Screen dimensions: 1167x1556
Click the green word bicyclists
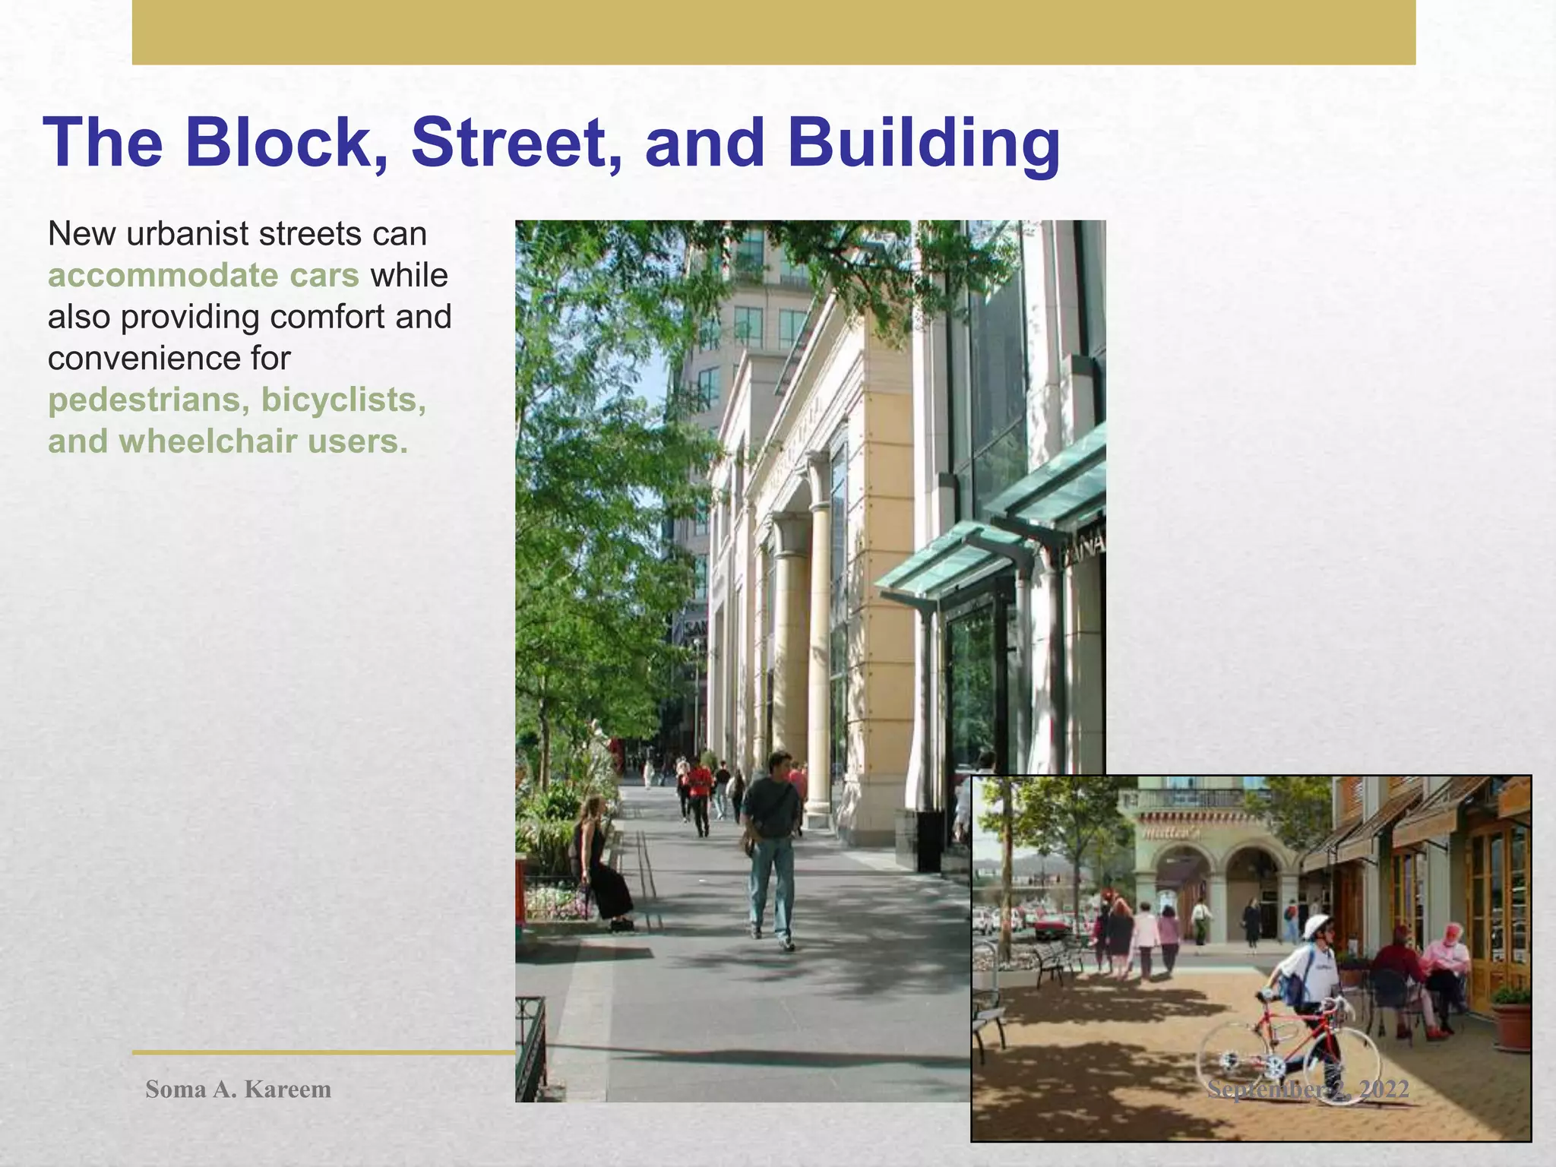click(343, 400)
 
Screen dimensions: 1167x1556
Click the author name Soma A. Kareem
click(238, 1089)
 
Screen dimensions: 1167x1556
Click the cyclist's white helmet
click(1317, 926)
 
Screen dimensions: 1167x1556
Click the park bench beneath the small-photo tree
click(1056, 960)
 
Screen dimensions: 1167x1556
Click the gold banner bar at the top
click(773, 32)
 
